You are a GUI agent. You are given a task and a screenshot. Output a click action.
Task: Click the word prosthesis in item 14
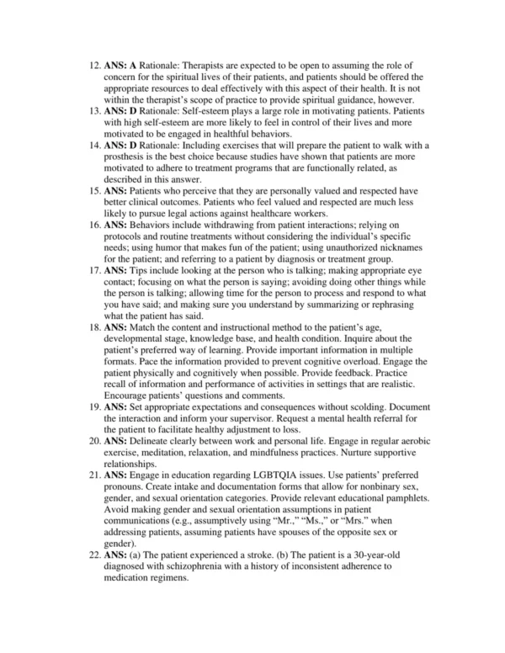click(130, 157)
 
